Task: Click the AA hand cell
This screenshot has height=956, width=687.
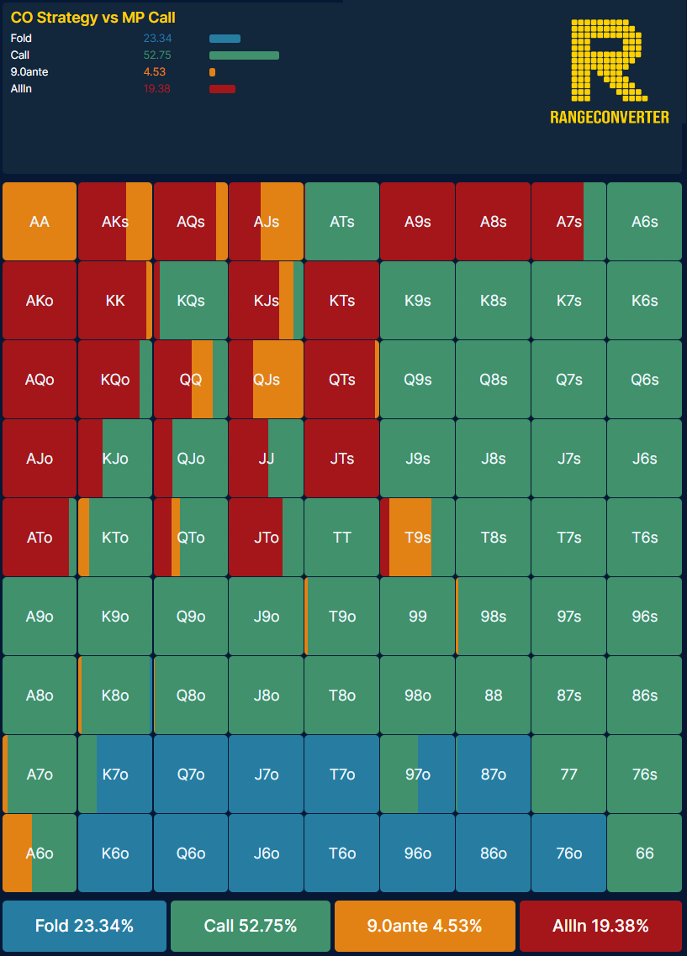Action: coord(40,222)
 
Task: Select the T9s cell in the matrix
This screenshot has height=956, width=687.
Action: coord(417,538)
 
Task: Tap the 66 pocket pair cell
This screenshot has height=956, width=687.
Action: coord(644,854)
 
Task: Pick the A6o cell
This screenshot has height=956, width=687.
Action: coord(40,854)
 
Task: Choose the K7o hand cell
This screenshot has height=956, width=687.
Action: coord(115,775)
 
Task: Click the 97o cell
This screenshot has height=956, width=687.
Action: coord(417,775)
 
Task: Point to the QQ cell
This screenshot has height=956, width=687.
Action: coord(191,380)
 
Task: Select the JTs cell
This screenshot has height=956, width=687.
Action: coord(341,459)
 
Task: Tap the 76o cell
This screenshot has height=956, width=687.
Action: coord(568,854)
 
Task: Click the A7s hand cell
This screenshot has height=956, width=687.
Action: coord(568,222)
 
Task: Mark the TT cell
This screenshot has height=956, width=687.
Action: coord(341,538)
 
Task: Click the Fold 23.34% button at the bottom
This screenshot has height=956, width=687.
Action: coord(84,926)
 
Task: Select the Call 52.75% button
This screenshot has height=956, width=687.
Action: coord(250,926)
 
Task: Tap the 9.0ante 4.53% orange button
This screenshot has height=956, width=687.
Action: coord(424,926)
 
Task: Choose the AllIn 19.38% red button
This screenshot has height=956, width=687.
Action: coord(600,926)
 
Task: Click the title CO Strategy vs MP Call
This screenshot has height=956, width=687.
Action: coord(92,18)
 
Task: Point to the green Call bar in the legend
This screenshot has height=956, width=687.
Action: coord(244,55)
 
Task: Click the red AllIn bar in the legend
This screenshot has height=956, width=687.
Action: coord(222,89)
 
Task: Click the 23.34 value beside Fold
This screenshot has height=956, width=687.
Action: coord(157,39)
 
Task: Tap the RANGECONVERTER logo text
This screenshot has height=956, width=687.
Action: coord(610,117)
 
